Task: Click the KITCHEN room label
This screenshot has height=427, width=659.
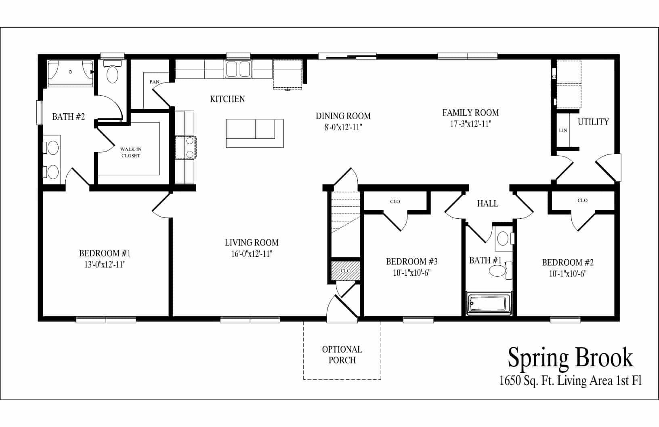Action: point(227,99)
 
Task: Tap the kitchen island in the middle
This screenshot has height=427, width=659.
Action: point(255,133)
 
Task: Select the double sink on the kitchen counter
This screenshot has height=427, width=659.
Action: point(238,69)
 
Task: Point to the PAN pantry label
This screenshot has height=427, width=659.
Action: point(154,82)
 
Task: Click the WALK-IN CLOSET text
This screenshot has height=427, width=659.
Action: point(131,152)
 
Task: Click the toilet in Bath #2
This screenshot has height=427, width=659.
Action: point(112,73)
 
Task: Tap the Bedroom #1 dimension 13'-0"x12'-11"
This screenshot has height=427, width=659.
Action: point(105,264)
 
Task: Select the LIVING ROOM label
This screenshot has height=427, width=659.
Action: point(252,243)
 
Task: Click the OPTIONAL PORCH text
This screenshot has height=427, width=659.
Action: point(342,355)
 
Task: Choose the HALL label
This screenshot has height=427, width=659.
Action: point(487,203)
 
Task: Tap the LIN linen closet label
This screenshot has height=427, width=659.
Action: point(563,131)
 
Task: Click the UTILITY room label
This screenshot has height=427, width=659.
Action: point(593,122)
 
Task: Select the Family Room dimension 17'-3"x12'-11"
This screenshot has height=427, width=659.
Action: point(470,124)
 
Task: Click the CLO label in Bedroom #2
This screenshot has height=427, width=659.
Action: point(582,200)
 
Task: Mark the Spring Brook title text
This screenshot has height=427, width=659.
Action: point(570,357)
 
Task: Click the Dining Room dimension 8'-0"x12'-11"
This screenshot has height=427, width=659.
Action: point(343,127)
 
